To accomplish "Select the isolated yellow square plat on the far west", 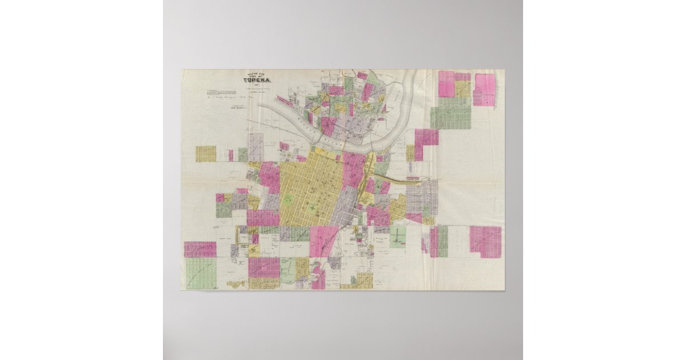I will click(206, 154).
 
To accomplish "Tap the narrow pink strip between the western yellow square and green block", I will click(231, 155).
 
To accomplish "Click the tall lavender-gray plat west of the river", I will click(256, 147).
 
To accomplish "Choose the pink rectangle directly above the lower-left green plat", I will click(200, 249).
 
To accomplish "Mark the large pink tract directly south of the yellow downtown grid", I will click(324, 241).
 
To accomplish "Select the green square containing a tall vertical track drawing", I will click(397, 236).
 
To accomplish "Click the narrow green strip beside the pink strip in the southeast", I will click(442, 241).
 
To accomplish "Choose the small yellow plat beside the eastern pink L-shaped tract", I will click(410, 153).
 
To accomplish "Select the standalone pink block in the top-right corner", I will click(485, 89).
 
